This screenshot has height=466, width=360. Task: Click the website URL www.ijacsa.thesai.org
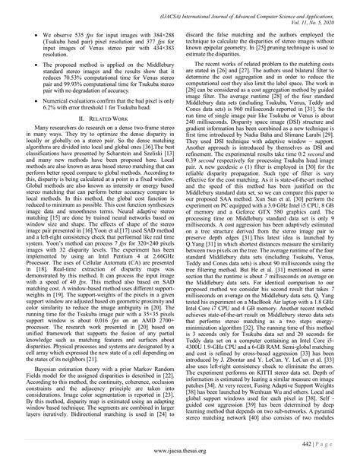pyautogui.click(x=180, y=455)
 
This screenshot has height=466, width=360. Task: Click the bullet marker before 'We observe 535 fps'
pyautogui.click(x=26, y=35)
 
